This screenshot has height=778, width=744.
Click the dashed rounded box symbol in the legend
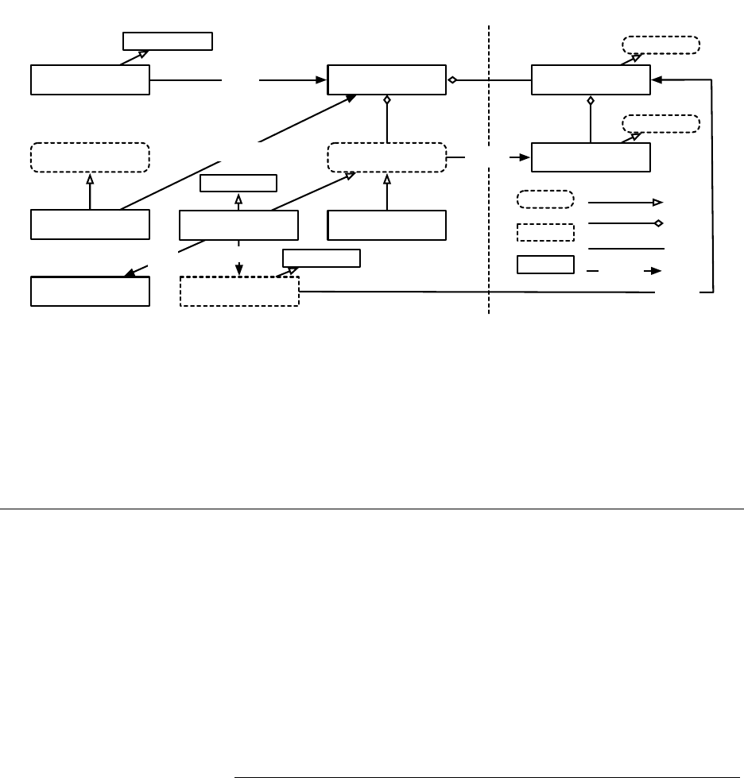pos(545,199)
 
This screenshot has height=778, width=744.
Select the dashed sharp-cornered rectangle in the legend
pos(545,232)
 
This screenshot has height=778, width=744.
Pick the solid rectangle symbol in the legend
pos(545,265)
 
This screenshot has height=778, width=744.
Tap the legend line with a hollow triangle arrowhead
pos(626,203)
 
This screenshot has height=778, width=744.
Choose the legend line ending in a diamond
pos(626,224)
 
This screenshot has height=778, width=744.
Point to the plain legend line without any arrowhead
pos(626,249)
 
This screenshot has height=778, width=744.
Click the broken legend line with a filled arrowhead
pos(626,270)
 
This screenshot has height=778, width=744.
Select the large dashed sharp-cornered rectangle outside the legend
pos(239,291)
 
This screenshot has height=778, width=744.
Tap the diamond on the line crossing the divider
pos(451,79)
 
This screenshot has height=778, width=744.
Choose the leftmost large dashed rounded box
pos(90,157)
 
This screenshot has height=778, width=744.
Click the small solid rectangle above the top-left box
pos(168,41)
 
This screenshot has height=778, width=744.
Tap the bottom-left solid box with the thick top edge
pos(90,291)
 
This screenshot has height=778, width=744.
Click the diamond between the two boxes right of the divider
pos(590,101)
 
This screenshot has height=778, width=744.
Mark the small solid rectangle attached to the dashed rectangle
pos(321,257)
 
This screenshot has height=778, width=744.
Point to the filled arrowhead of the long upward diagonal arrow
pos(352,99)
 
